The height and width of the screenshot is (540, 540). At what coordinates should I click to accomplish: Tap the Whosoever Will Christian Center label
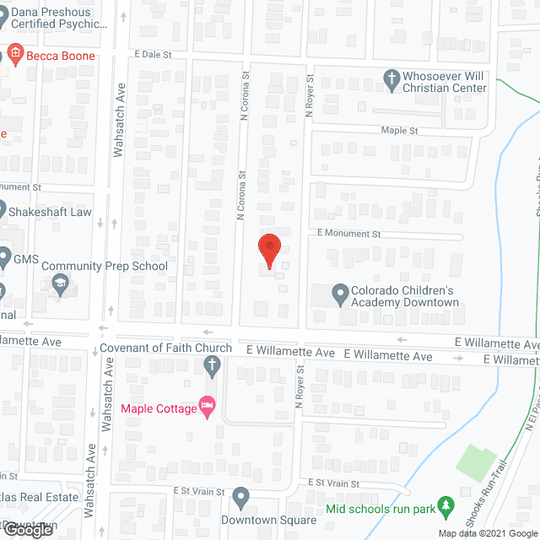pos(445,81)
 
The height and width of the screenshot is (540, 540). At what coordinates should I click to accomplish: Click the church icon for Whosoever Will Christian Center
pos(391,81)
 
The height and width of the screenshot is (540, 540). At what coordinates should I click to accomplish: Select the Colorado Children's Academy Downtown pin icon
pos(340,295)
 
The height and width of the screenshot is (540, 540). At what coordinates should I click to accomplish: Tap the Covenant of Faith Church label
pos(165,348)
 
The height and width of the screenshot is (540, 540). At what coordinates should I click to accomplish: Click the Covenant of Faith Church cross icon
pos(212,365)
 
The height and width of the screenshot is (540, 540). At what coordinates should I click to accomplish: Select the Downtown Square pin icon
pos(242,498)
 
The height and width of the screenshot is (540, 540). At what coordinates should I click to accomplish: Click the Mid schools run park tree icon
pos(448,508)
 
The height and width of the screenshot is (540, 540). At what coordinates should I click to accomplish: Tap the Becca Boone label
pos(59,56)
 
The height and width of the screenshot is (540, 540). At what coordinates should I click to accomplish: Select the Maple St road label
pos(399,131)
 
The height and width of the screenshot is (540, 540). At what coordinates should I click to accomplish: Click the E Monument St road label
pos(349,232)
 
